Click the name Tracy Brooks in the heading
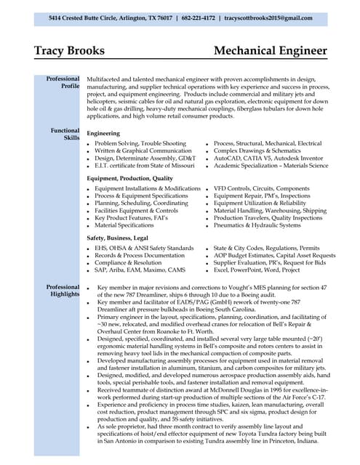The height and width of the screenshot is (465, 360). click(x=69, y=51)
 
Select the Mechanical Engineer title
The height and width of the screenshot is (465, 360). click(x=270, y=51)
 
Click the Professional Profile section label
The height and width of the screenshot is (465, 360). click(x=63, y=82)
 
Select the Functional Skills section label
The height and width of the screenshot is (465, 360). click(x=65, y=134)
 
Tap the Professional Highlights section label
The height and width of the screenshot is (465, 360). click(x=63, y=291)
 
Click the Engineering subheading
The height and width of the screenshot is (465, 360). click(x=103, y=134)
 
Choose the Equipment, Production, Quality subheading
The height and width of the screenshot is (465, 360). click(x=129, y=178)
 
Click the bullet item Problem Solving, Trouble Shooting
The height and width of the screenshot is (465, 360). click(x=140, y=144)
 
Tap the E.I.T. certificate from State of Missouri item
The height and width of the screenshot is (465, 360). click(x=144, y=166)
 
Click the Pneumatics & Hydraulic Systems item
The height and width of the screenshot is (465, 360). click(x=257, y=225)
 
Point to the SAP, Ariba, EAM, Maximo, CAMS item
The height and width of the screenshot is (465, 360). click(x=139, y=270)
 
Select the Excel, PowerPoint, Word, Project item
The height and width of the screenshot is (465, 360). click(x=256, y=270)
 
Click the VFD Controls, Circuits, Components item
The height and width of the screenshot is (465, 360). click(x=261, y=188)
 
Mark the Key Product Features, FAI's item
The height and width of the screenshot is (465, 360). click(x=131, y=218)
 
